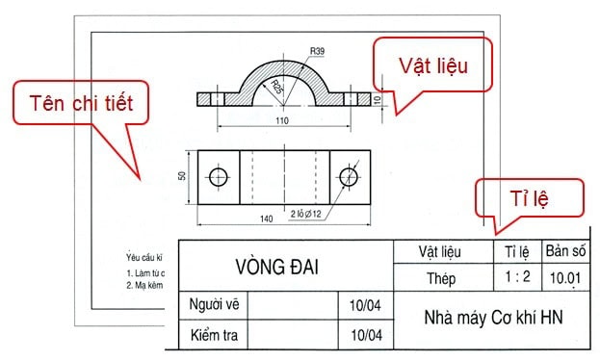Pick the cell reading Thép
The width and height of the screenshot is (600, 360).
coord(438,278)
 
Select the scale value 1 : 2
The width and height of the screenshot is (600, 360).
coord(517,278)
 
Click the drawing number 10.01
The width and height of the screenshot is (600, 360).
coord(564,278)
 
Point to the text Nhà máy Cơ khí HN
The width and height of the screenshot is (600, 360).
coord(491,318)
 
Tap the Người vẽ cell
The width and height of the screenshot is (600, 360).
coord(214,304)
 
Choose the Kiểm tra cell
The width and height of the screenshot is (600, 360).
coord(214,335)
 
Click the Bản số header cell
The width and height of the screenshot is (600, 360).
coord(565,252)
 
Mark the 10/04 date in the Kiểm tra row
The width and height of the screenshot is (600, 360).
coord(367,335)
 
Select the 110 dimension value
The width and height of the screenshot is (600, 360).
coord(282,120)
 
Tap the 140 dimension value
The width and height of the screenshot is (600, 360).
coord(267,219)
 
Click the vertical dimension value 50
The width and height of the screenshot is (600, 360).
coord(181,176)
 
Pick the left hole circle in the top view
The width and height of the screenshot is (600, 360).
coord(218,176)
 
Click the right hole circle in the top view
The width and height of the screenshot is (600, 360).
coord(348,176)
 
